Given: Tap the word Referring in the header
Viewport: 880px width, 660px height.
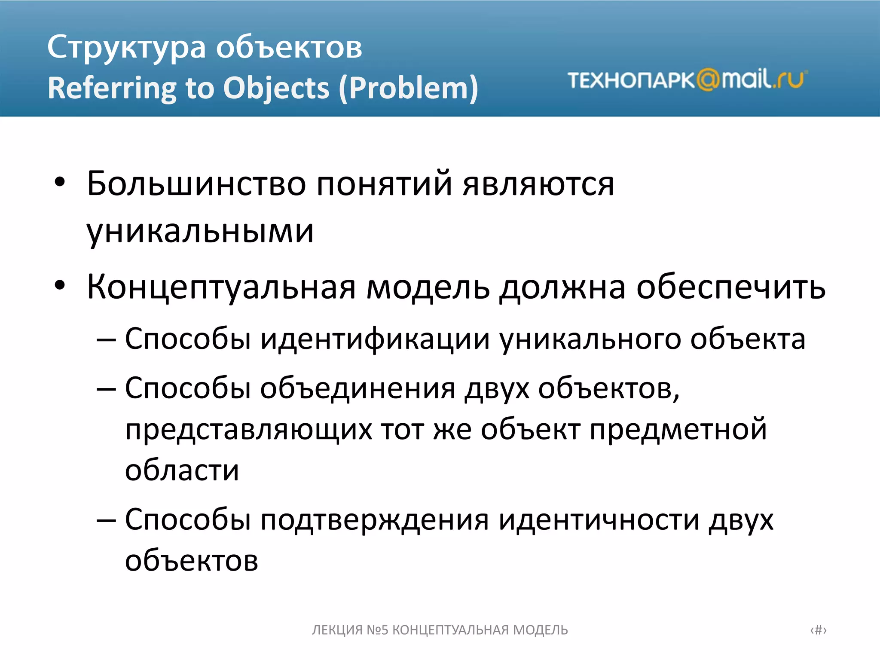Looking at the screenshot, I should (111, 89).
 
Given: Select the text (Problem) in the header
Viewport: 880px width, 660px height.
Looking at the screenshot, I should (408, 89).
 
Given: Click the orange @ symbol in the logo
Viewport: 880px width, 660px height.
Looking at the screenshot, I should (708, 80).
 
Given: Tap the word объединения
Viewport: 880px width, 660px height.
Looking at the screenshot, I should (357, 389).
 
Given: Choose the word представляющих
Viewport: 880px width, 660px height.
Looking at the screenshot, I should (248, 430).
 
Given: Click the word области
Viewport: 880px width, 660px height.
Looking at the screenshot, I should (182, 471).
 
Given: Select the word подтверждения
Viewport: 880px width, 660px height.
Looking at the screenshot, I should (375, 520).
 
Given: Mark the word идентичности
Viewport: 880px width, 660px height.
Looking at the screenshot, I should (599, 520).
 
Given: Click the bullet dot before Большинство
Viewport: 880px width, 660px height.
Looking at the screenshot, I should (60, 183).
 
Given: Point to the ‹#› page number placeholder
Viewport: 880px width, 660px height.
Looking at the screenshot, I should (818, 630).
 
